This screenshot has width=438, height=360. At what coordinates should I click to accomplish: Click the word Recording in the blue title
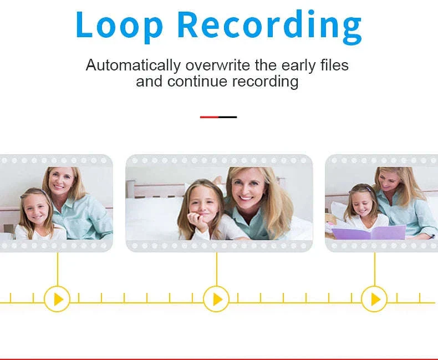[x=269, y=27]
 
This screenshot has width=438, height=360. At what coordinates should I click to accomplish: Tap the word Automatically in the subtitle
[x=133, y=65]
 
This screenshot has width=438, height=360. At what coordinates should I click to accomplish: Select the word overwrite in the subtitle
[x=217, y=65]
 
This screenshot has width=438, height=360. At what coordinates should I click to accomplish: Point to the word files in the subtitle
[x=334, y=65]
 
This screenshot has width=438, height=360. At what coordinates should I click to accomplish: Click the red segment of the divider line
[x=209, y=117]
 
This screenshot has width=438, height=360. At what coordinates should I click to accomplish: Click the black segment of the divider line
[x=228, y=117]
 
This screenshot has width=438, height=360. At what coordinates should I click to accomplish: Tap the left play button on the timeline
[x=57, y=299]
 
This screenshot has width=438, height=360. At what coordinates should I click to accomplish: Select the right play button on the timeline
[x=374, y=299]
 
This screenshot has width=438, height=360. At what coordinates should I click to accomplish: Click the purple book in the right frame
[x=369, y=232]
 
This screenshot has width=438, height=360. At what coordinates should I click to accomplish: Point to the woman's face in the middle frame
[x=246, y=188]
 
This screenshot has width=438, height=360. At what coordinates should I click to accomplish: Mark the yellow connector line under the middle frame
[x=216, y=269]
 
